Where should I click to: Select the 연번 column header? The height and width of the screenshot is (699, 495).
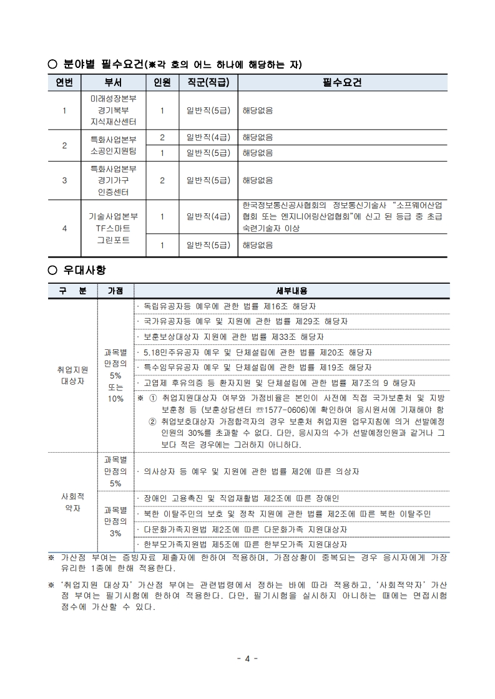point(64,83)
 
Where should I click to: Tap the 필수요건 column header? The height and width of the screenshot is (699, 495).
point(342,83)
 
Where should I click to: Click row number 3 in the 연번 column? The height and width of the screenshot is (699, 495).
point(64,181)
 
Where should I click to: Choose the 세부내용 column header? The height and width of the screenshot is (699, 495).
point(292,291)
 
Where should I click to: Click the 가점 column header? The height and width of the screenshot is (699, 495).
point(115,291)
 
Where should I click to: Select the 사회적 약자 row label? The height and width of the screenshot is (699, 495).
point(72,503)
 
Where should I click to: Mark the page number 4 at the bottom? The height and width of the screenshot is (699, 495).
point(247,658)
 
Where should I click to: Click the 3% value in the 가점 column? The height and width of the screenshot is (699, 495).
point(115,534)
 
